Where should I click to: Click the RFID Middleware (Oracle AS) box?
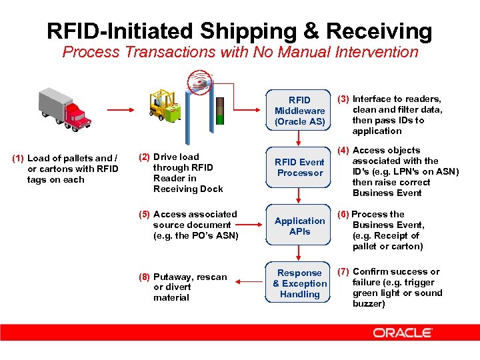pos(299,111)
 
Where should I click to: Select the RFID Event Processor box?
pos(299,167)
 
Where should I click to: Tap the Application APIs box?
pos(299,226)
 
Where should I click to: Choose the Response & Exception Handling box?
pos(299,283)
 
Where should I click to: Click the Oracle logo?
pos(403,332)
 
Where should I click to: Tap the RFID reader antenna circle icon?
pos(200,82)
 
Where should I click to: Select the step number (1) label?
pos(18,158)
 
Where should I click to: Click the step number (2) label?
pos(144,157)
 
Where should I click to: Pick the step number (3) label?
pos(344,99)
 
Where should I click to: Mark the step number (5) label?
pos(144,214)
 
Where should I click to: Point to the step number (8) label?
pos(144,277)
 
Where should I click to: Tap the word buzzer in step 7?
pos(368,303)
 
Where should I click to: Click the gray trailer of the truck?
pos(53,102)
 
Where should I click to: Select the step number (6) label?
pos(343,214)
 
